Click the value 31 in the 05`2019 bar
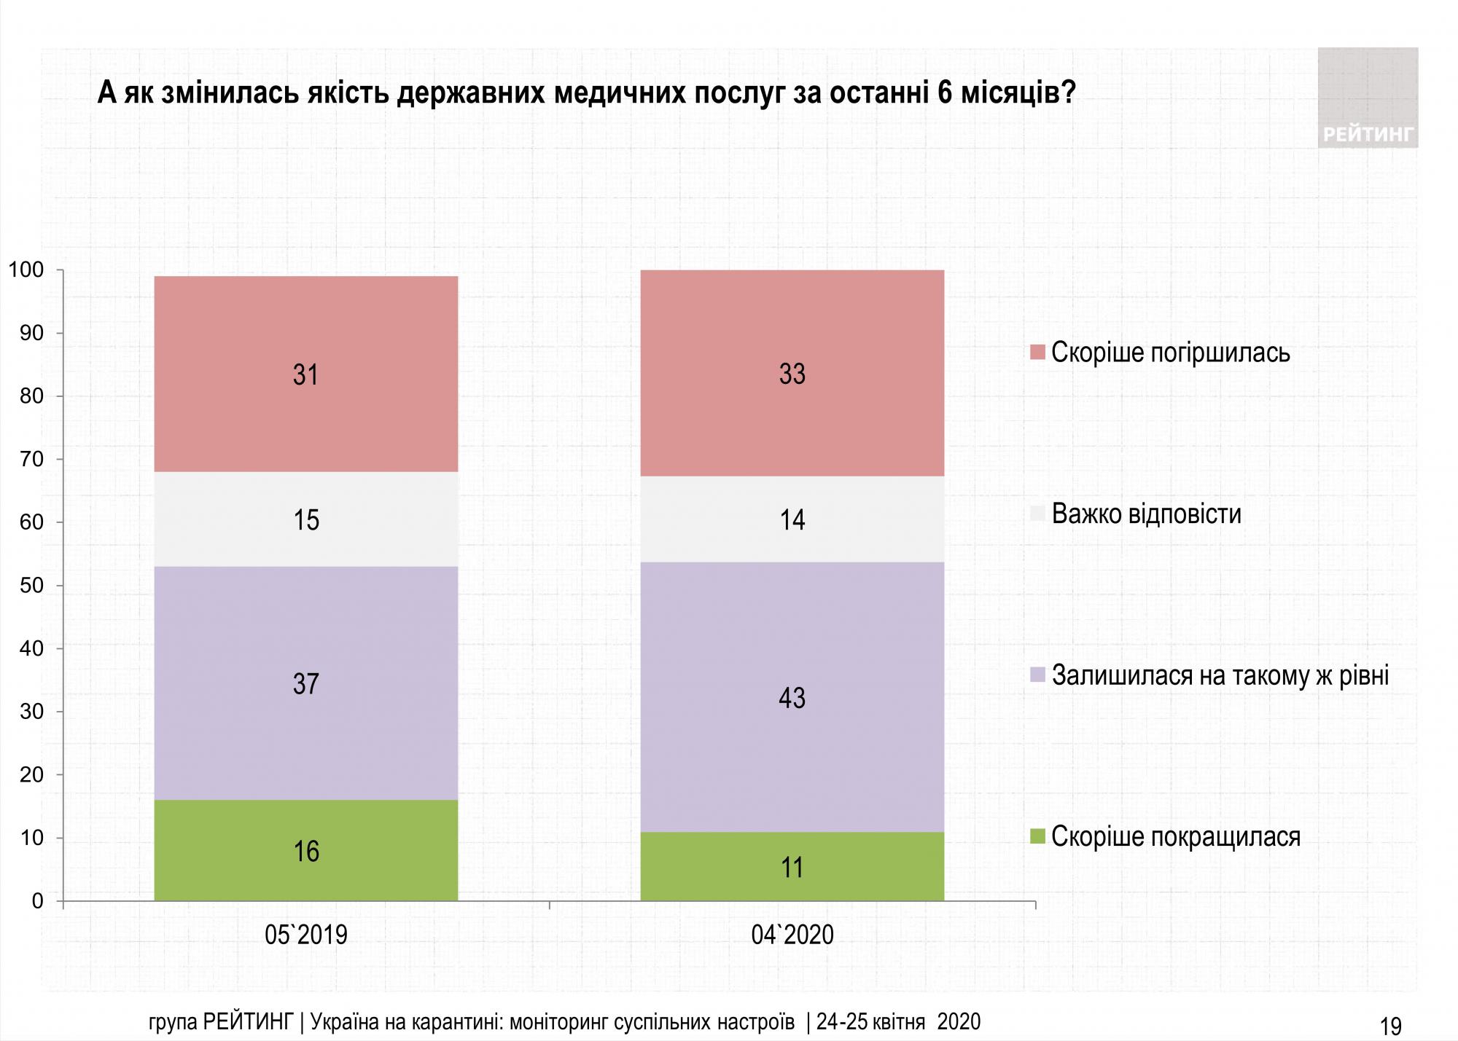point(305,375)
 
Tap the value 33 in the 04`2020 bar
point(792,374)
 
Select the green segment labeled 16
point(305,851)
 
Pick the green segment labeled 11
point(792,867)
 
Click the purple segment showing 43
point(792,697)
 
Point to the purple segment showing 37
point(305,683)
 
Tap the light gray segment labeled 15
point(305,519)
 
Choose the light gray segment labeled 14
point(792,519)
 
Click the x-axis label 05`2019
point(305,935)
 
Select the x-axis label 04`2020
point(792,935)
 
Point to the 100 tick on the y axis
point(26,270)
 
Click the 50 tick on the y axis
point(32,586)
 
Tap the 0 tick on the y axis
point(38,901)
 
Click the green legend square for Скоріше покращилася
point(1038,836)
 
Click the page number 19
point(1390,1026)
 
